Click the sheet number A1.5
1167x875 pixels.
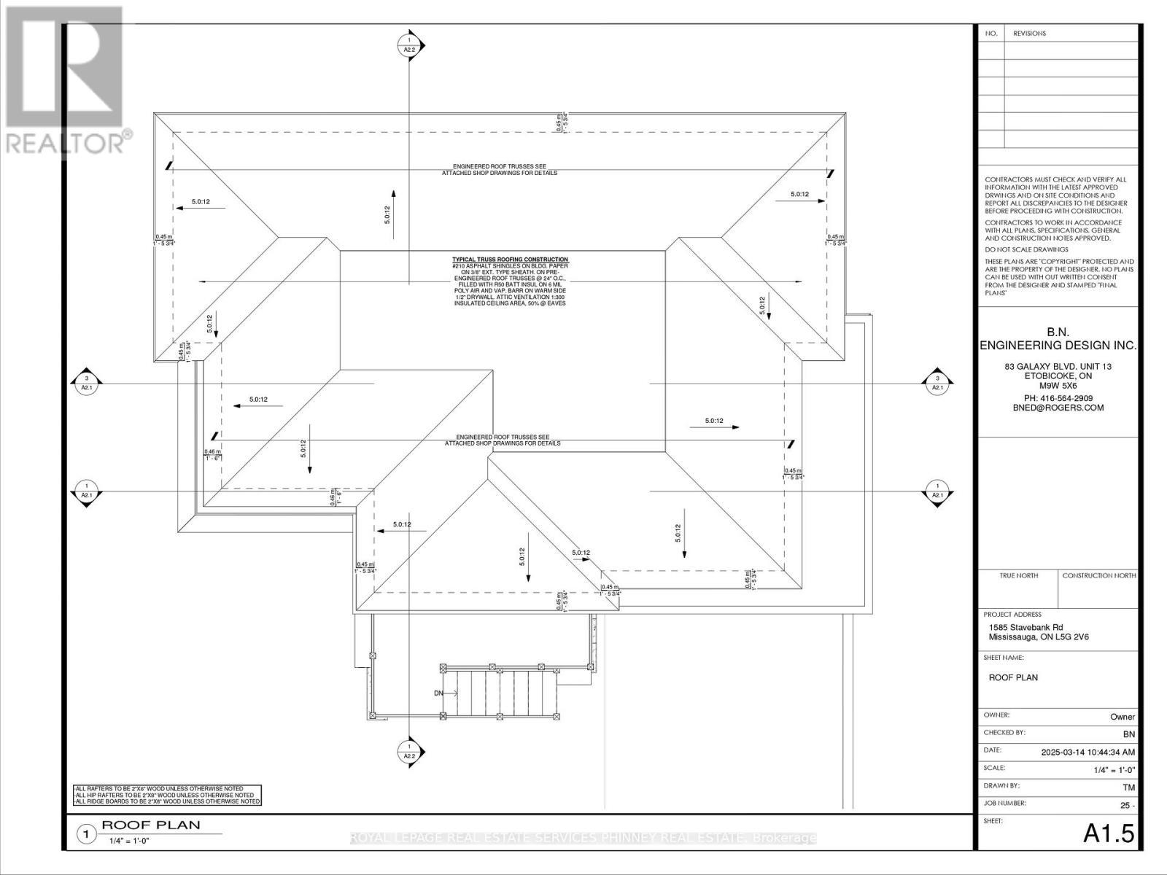click(x=1109, y=833)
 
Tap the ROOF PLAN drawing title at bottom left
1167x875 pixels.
click(x=150, y=825)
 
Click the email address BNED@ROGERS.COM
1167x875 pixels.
click(x=1057, y=408)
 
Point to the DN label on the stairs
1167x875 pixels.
click(x=439, y=693)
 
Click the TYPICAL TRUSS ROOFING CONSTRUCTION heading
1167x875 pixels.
click(x=510, y=260)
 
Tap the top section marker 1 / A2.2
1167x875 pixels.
click(x=409, y=44)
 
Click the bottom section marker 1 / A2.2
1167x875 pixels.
click(x=409, y=752)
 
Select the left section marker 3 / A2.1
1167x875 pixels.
click(x=87, y=383)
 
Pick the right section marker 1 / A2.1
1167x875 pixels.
click(x=937, y=491)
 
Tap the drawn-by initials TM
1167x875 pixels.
click(x=1128, y=787)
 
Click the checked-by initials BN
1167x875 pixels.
click(x=1128, y=734)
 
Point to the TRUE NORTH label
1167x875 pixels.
click(x=1018, y=575)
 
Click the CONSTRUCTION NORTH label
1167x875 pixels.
click(x=1098, y=575)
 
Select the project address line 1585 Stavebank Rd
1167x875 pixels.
click(x=1026, y=627)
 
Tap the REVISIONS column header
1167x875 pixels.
click(x=1028, y=34)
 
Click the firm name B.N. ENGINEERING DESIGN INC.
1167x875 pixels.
click(x=1057, y=338)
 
